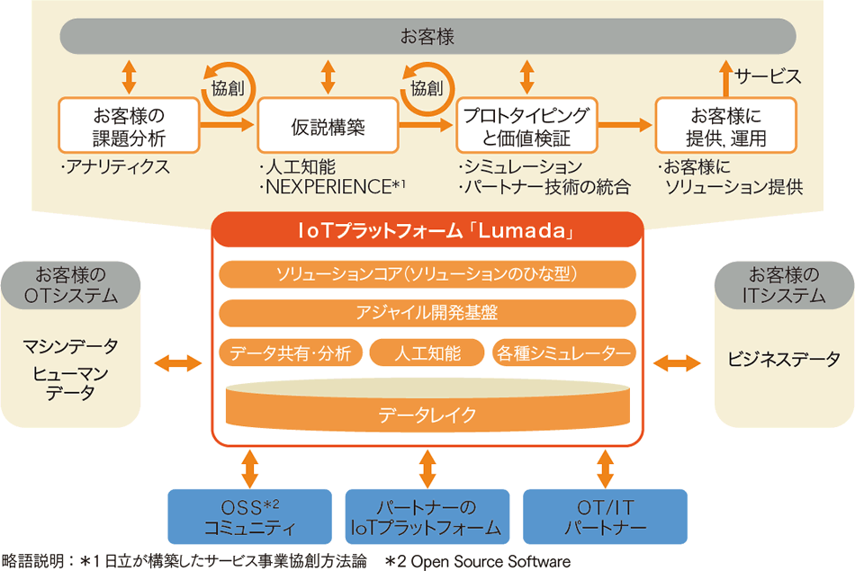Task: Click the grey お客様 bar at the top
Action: tap(427, 38)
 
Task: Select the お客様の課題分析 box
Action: tap(129, 126)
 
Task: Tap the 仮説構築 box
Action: tap(328, 126)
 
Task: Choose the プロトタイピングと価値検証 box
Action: tap(526, 126)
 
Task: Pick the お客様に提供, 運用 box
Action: tap(725, 126)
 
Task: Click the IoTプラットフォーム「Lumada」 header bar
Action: tap(427, 231)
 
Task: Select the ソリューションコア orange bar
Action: tap(427, 273)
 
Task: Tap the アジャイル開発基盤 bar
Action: tap(427, 313)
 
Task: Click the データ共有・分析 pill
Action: tap(291, 352)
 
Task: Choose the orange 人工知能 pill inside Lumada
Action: tap(427, 352)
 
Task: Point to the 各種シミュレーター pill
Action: tap(564, 352)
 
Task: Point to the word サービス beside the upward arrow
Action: tap(767, 76)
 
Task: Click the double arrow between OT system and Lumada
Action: tap(178, 363)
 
